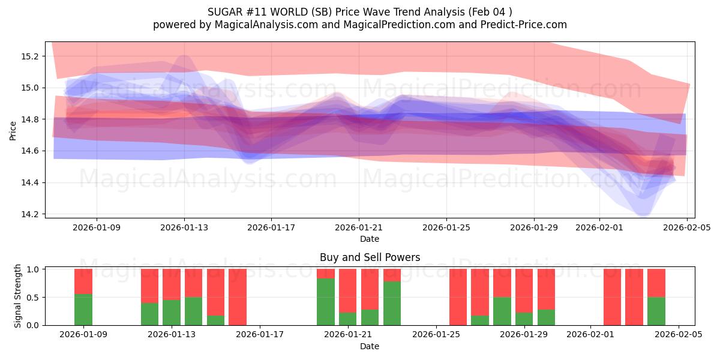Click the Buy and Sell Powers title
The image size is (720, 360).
pyautogui.click(x=370, y=257)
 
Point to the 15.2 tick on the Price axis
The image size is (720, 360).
pyautogui.click(x=30, y=56)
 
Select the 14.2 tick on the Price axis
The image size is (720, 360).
pyautogui.click(x=30, y=214)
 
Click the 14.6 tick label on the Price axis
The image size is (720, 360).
pyautogui.click(x=30, y=151)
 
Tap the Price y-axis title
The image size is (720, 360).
pyautogui.click(x=13, y=130)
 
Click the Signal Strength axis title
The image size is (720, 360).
pyautogui.click(x=18, y=296)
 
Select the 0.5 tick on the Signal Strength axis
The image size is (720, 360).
pyautogui.click(x=32, y=298)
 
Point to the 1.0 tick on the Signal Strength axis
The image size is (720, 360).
pyautogui.click(x=32, y=269)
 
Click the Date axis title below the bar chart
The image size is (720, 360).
pyautogui.click(x=370, y=346)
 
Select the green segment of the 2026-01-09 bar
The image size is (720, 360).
pyautogui.click(x=83, y=310)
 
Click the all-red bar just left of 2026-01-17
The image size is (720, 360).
pyautogui.click(x=238, y=297)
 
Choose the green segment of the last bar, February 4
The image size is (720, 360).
pyautogui.click(x=656, y=311)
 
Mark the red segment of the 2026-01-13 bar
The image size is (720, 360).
pyautogui.click(x=172, y=284)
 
